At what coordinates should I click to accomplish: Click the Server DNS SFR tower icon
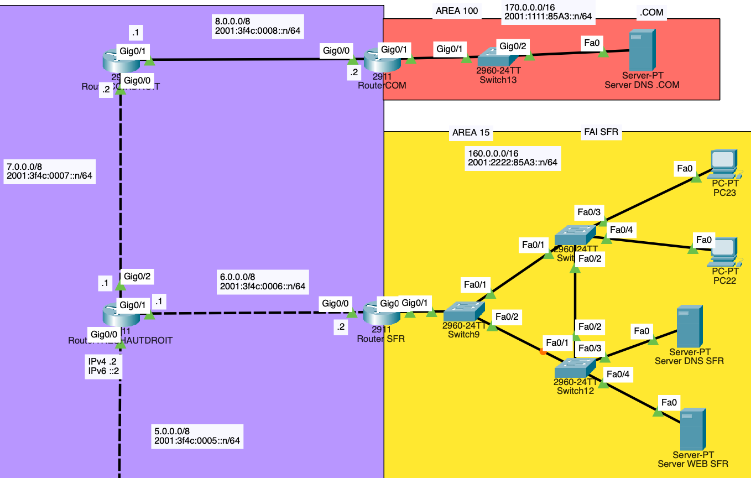click(x=688, y=327)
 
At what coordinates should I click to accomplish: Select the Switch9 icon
click(x=463, y=311)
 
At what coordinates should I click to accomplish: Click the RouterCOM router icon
click(x=381, y=59)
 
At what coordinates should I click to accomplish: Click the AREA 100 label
click(x=457, y=11)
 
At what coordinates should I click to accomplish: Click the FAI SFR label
click(x=601, y=132)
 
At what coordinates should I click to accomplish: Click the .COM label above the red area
click(x=650, y=12)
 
